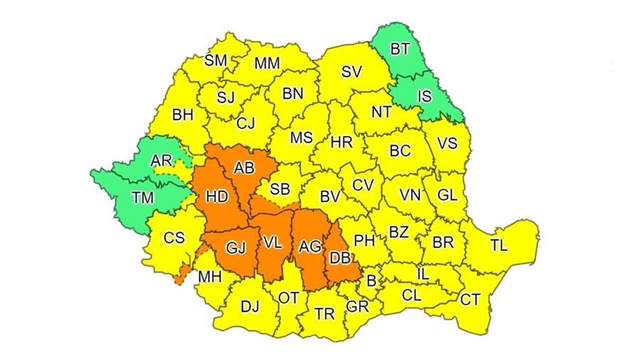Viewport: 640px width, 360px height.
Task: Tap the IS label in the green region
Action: (x=424, y=94)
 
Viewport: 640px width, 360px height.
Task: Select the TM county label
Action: (x=143, y=198)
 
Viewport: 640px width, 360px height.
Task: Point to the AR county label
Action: (x=161, y=161)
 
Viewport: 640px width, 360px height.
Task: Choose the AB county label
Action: (x=244, y=169)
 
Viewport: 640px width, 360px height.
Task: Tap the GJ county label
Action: (x=235, y=247)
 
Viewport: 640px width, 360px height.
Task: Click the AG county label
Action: (x=310, y=246)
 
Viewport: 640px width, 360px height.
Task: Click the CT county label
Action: (x=470, y=300)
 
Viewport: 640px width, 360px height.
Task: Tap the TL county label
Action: (x=499, y=245)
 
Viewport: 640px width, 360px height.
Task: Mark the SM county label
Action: (x=215, y=60)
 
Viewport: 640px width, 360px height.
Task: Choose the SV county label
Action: (x=351, y=71)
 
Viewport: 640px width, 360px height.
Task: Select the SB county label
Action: (x=279, y=189)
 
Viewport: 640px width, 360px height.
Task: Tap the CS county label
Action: (x=174, y=238)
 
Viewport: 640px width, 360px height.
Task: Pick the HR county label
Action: (x=341, y=142)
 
